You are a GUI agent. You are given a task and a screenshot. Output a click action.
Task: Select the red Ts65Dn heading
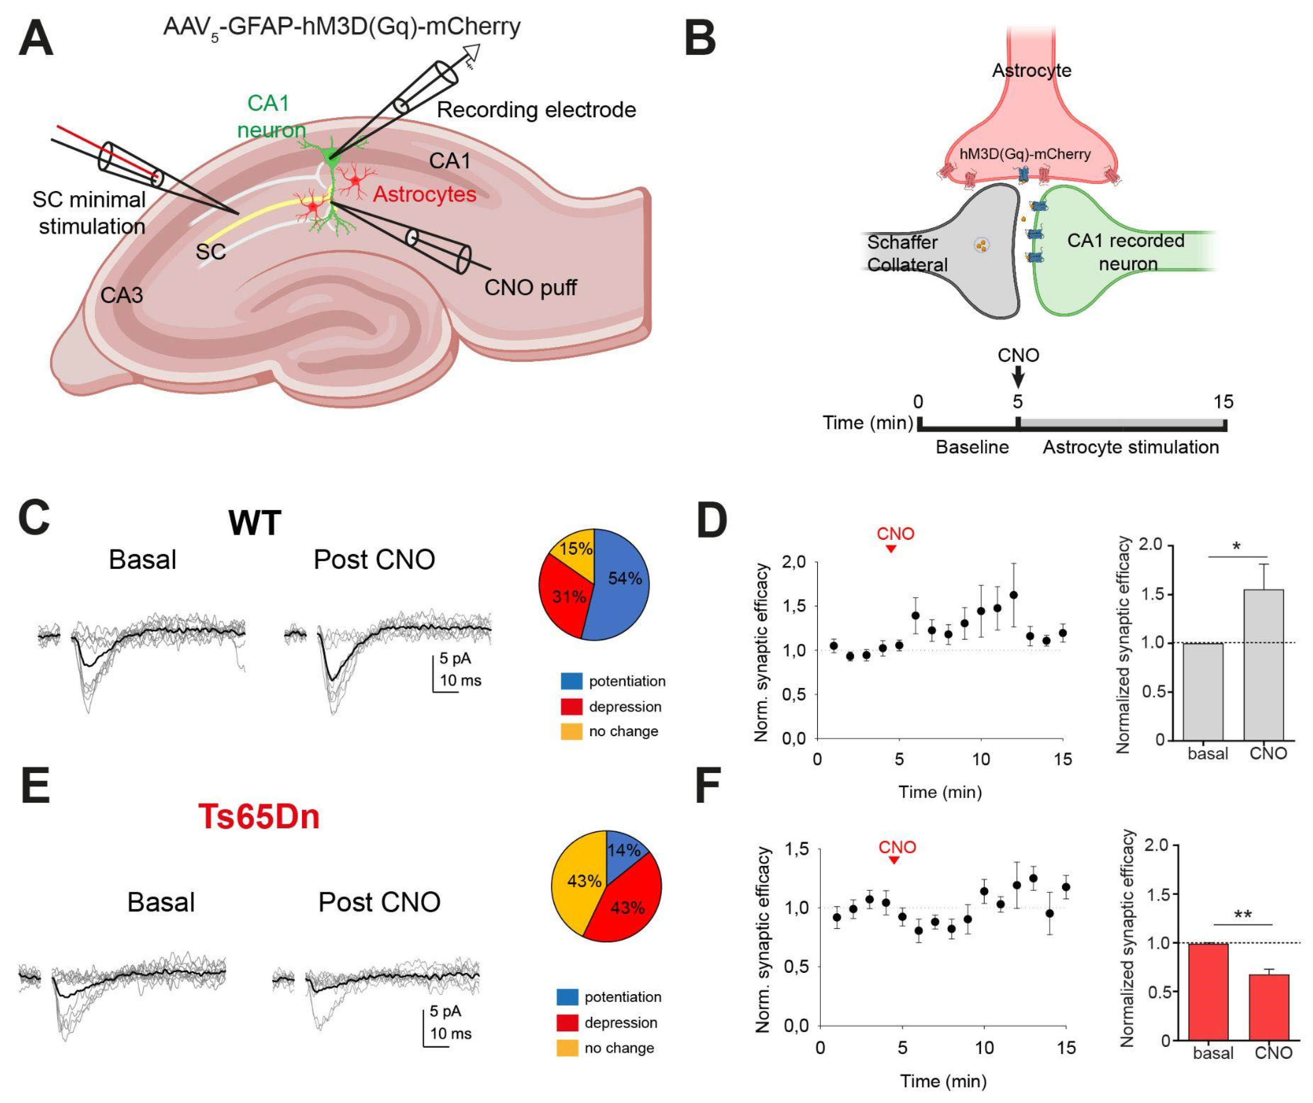pos(258,817)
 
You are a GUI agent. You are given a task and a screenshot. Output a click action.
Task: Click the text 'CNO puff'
pos(530,288)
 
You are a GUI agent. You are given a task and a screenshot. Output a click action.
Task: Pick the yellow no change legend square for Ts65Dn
pos(567,1049)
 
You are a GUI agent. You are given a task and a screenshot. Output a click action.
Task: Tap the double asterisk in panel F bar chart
pos(1243,914)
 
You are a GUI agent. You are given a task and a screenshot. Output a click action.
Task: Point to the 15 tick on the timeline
pos(1224,402)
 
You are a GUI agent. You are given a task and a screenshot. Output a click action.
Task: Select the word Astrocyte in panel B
pos(1032,70)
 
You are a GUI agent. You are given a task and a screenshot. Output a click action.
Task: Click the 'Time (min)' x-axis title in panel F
pos(943,1081)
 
